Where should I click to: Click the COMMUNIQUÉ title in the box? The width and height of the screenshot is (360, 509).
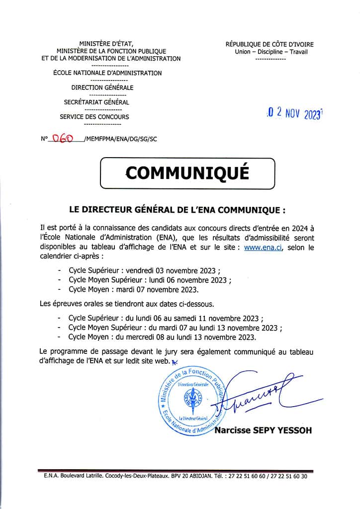(187, 172)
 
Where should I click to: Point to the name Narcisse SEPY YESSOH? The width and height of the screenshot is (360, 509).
(263, 430)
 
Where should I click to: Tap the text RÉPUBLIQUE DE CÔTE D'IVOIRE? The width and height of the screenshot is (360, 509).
(270, 45)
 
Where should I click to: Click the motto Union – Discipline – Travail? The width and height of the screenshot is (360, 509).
(270, 52)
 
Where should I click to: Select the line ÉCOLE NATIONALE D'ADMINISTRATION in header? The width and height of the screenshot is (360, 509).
(107, 73)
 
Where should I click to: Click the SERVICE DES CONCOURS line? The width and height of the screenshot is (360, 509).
(94, 117)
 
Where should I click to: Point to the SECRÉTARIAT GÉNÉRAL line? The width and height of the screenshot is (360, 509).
(96, 102)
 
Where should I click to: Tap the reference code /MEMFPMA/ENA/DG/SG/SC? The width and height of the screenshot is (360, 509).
(121, 140)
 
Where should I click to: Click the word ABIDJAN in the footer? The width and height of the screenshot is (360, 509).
(203, 476)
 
